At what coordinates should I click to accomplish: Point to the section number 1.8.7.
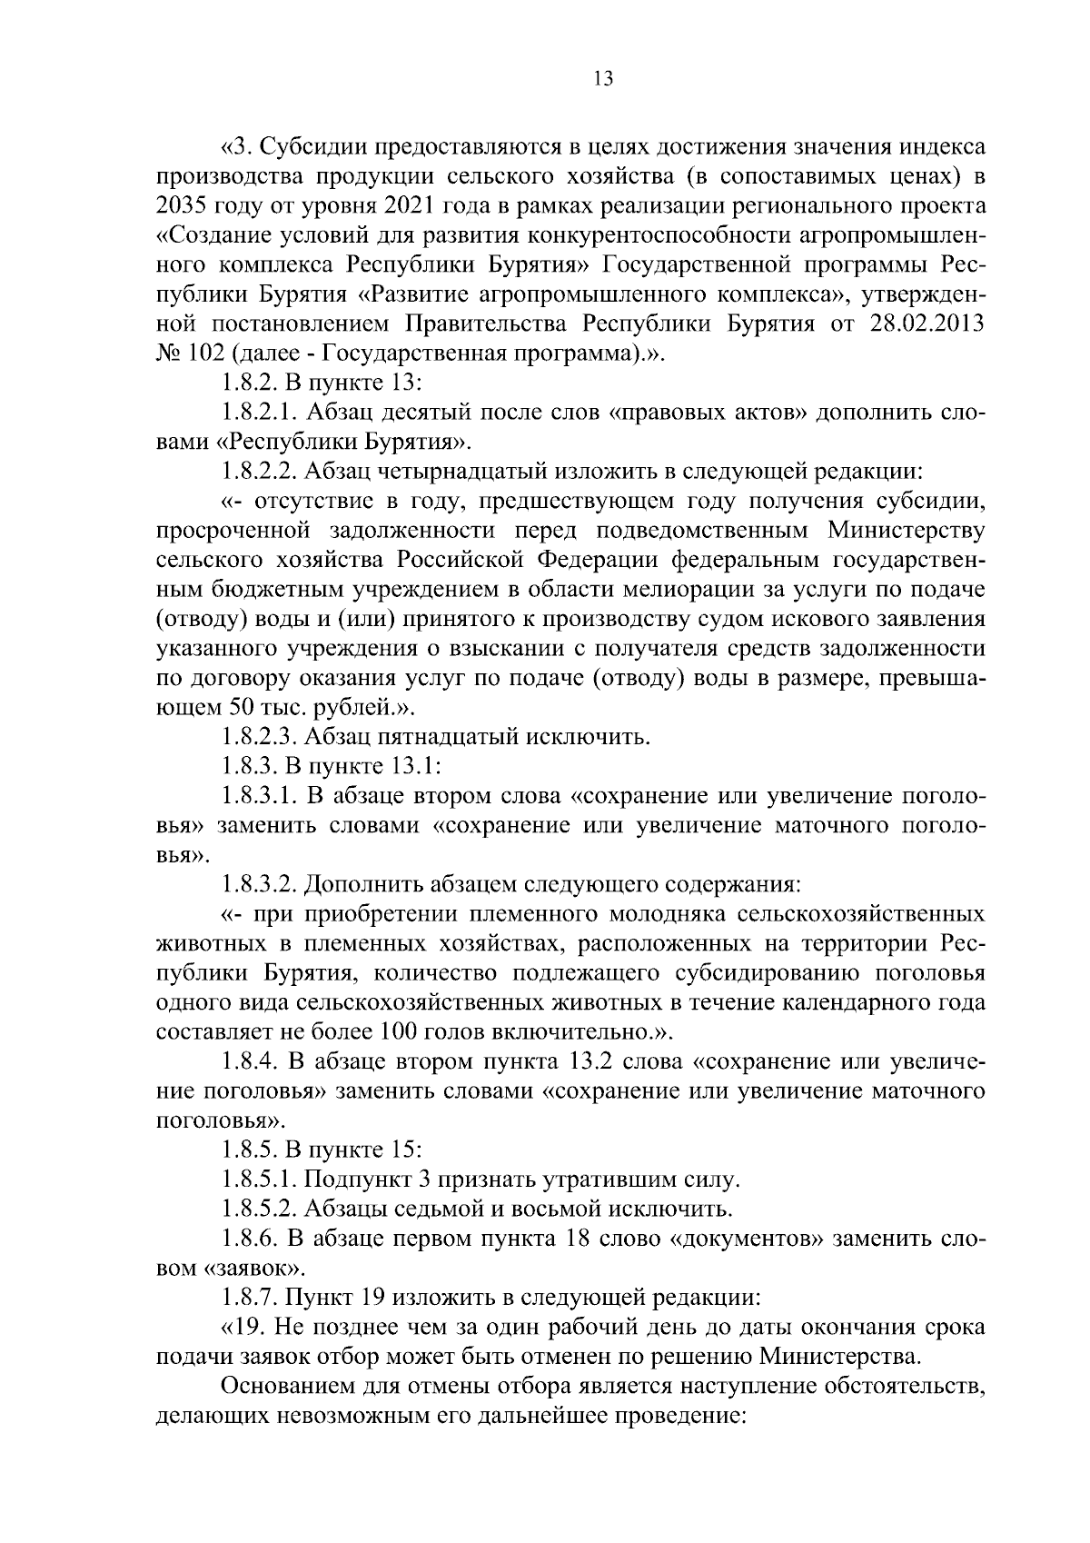click(x=249, y=1298)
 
